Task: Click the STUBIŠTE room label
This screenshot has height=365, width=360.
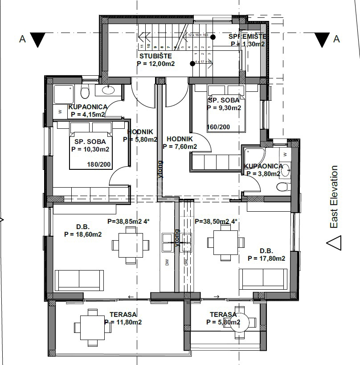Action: (x=154, y=56)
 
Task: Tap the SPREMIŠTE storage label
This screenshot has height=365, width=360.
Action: (x=248, y=36)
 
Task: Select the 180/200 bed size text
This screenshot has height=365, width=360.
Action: (x=99, y=164)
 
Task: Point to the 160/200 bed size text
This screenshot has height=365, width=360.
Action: (x=219, y=127)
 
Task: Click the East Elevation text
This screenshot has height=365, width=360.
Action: (x=334, y=197)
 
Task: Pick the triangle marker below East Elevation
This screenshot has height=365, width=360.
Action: (x=334, y=243)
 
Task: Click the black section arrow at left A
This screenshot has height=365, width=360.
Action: (x=39, y=40)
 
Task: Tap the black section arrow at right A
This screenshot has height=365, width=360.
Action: (x=321, y=40)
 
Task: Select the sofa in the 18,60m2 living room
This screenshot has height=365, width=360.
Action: (x=79, y=280)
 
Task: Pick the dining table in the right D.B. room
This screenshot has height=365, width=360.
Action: (x=226, y=242)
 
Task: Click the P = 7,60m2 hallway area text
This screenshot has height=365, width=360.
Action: (x=180, y=146)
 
